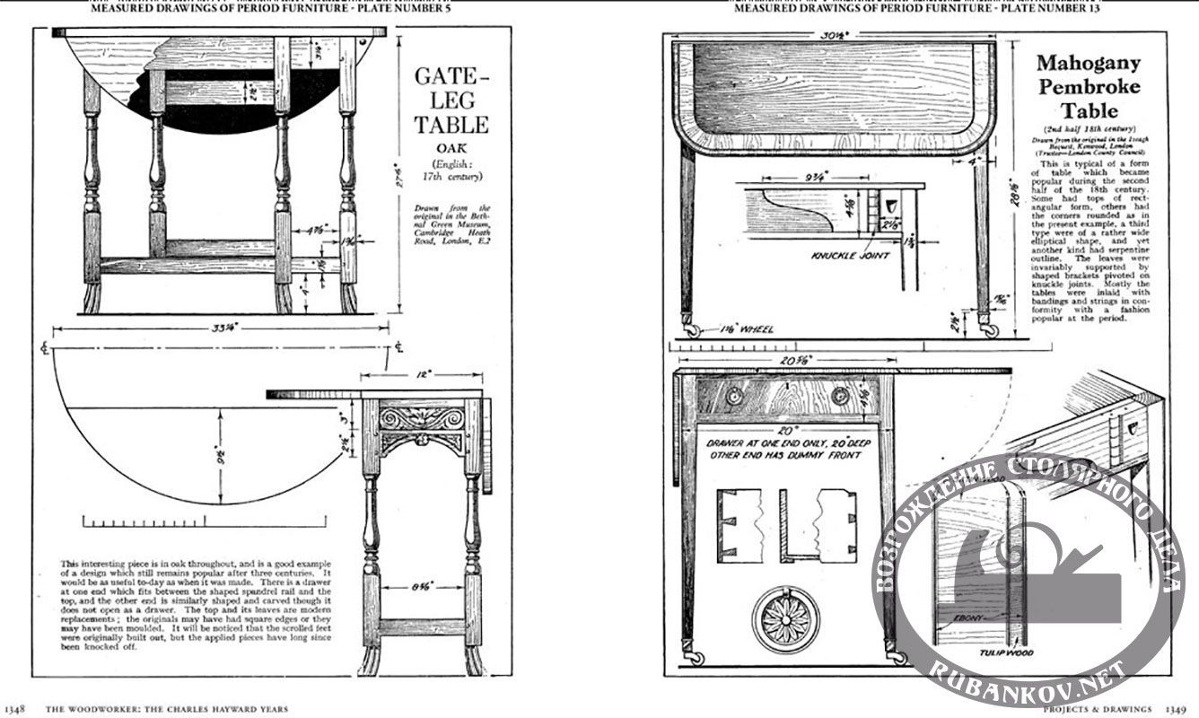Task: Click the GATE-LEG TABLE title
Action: [x=451, y=100]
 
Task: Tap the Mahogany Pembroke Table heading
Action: [x=1089, y=87]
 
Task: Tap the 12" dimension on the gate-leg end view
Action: [x=422, y=372]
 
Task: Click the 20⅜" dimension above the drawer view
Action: [x=790, y=361]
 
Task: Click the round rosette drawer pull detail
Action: [x=779, y=617]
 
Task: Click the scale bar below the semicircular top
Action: [x=144, y=520]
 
